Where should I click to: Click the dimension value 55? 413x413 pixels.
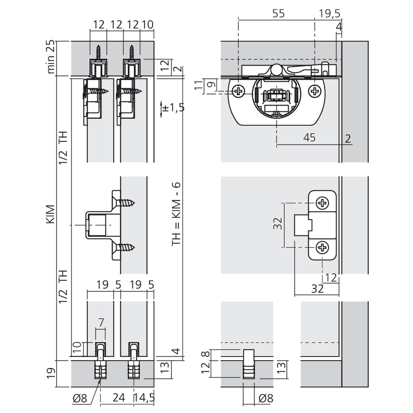pyautogui.click(x=278, y=13)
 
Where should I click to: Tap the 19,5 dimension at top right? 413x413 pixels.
pyautogui.click(x=330, y=14)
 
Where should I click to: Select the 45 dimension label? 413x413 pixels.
pyautogui.click(x=309, y=138)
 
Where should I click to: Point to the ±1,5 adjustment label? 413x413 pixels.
pyautogui.click(x=173, y=108)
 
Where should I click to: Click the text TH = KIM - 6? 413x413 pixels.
pyautogui.click(x=176, y=214)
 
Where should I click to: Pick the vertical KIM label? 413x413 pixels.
pyautogui.click(x=50, y=214)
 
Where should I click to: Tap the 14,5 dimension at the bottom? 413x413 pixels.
pyautogui.click(x=144, y=398)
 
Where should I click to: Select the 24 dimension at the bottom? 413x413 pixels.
pyautogui.click(x=119, y=398)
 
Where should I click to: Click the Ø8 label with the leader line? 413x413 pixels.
pyautogui.click(x=80, y=398)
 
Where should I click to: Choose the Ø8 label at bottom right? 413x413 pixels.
pyautogui.click(x=266, y=398)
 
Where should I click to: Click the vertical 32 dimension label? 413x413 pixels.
pyautogui.click(x=278, y=223)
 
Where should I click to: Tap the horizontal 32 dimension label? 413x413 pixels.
pyautogui.click(x=317, y=289)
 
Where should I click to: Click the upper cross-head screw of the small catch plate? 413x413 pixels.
pyautogui.click(x=322, y=203)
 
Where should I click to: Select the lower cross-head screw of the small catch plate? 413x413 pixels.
pyautogui.click(x=322, y=247)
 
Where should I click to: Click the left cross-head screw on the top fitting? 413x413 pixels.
pyautogui.click(x=238, y=91)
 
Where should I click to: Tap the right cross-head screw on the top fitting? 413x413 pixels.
pyautogui.click(x=314, y=91)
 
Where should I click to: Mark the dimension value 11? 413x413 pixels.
pyautogui.click(x=199, y=85)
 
